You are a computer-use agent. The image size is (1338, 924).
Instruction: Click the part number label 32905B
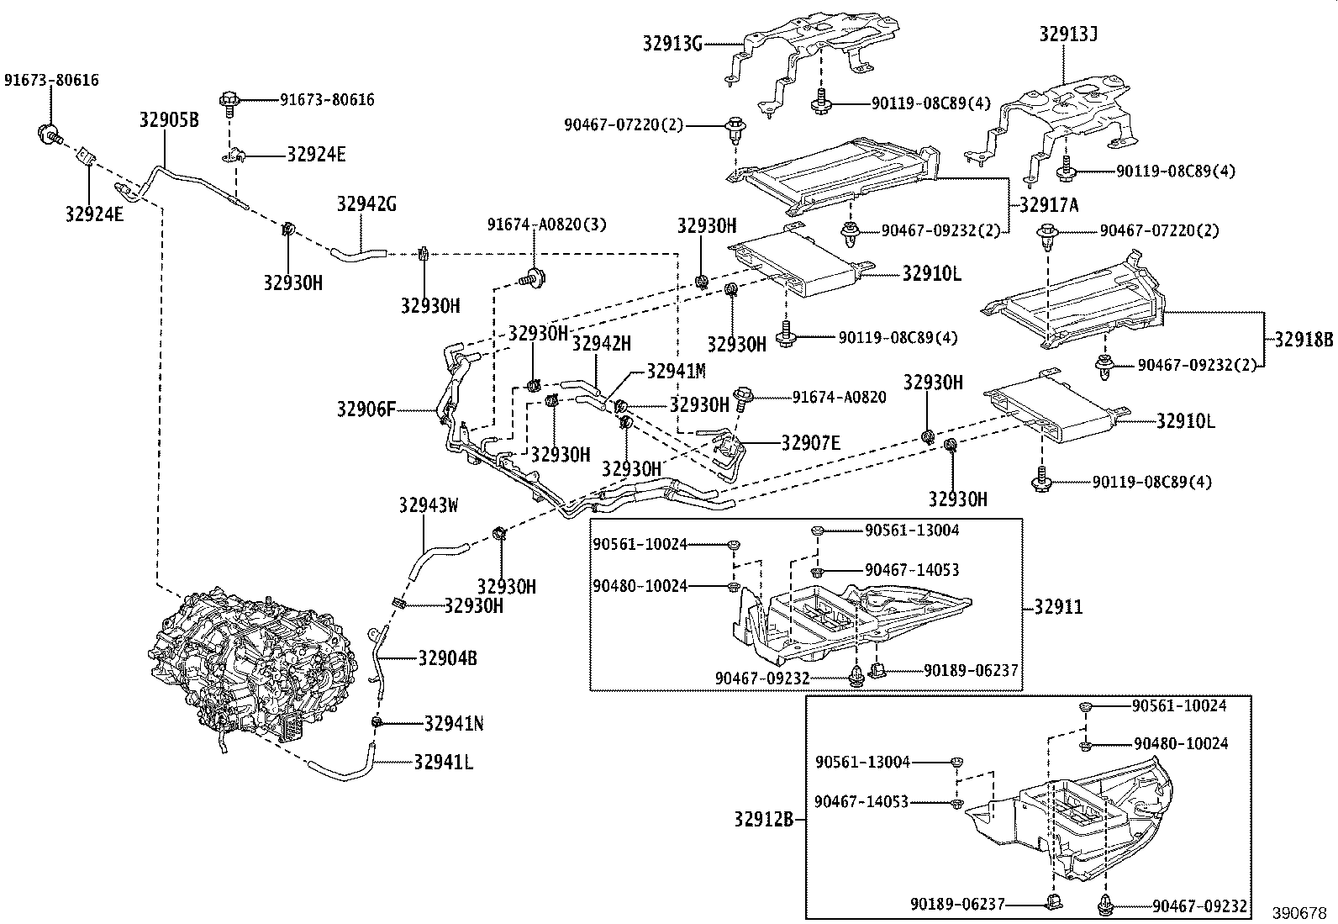(168, 120)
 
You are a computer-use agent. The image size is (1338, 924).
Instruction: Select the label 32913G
(673, 43)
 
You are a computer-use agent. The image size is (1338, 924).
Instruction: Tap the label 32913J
(1067, 34)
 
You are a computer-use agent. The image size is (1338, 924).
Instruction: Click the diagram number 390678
(1298, 913)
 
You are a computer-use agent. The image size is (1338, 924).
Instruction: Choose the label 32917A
(1049, 204)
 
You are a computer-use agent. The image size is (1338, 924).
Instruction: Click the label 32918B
(1304, 341)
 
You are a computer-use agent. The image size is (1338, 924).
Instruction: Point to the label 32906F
(366, 410)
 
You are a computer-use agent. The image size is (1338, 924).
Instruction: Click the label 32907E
(810, 443)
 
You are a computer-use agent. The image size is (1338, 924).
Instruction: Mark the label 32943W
(429, 505)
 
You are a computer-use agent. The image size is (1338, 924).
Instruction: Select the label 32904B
(447, 658)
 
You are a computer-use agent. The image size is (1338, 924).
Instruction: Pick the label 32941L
(443, 763)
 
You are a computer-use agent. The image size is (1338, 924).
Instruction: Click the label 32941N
(453, 724)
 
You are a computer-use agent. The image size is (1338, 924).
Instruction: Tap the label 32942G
(366, 203)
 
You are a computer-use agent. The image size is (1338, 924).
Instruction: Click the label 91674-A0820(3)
(546, 224)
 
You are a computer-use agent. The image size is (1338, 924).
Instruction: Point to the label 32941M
(676, 371)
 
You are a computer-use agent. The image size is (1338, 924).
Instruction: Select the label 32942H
(601, 343)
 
